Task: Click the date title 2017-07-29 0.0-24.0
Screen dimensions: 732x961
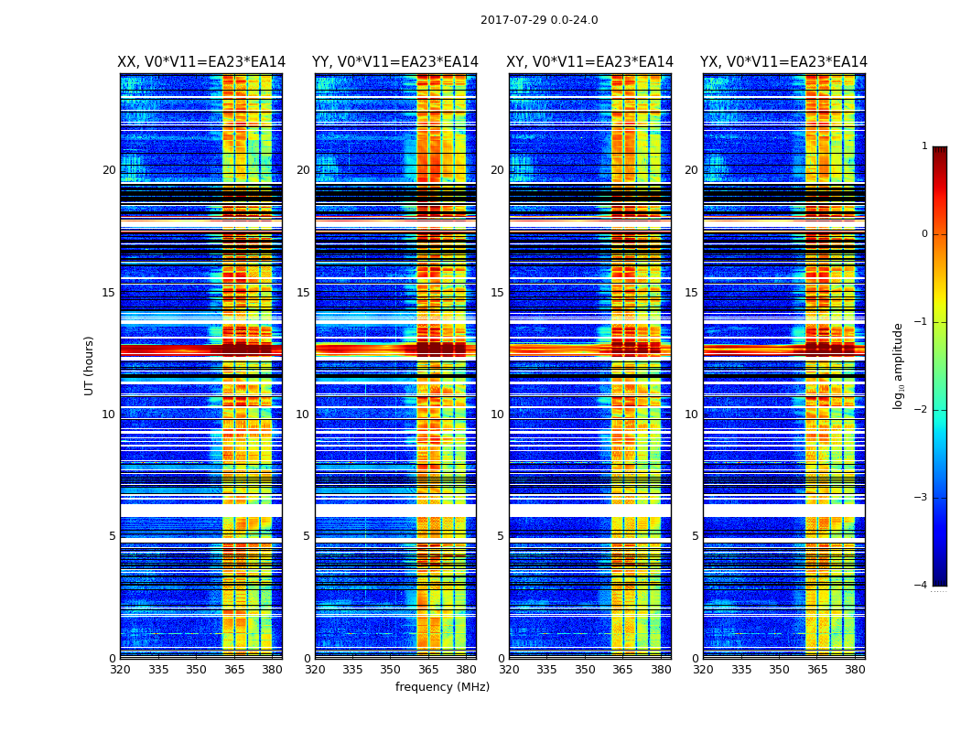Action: coord(539,20)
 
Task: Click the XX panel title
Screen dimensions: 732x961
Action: coord(201,62)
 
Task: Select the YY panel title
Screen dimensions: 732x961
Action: coord(395,62)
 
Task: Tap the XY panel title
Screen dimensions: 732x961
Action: coord(590,62)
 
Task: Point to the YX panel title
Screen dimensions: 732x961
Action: coord(783,62)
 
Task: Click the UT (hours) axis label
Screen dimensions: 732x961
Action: coord(90,365)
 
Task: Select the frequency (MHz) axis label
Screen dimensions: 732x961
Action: coord(442,687)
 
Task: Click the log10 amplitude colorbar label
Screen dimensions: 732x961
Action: coord(899,365)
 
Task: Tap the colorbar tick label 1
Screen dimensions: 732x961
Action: coord(924,146)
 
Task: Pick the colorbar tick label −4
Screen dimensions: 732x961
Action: coord(922,586)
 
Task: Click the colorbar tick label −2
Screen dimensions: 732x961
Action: coord(922,410)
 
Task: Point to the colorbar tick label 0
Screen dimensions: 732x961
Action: coord(924,234)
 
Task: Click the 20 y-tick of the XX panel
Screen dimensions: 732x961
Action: coord(109,170)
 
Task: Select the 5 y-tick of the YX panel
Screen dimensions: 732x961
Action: coord(696,536)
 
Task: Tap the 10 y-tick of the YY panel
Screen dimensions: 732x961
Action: coord(303,414)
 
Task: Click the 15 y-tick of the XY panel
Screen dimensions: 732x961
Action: coord(497,293)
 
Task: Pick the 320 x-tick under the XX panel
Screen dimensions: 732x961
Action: coord(120,669)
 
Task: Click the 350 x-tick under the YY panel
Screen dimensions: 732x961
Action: coord(391,669)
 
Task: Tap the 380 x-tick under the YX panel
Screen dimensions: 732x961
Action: coord(855,669)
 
